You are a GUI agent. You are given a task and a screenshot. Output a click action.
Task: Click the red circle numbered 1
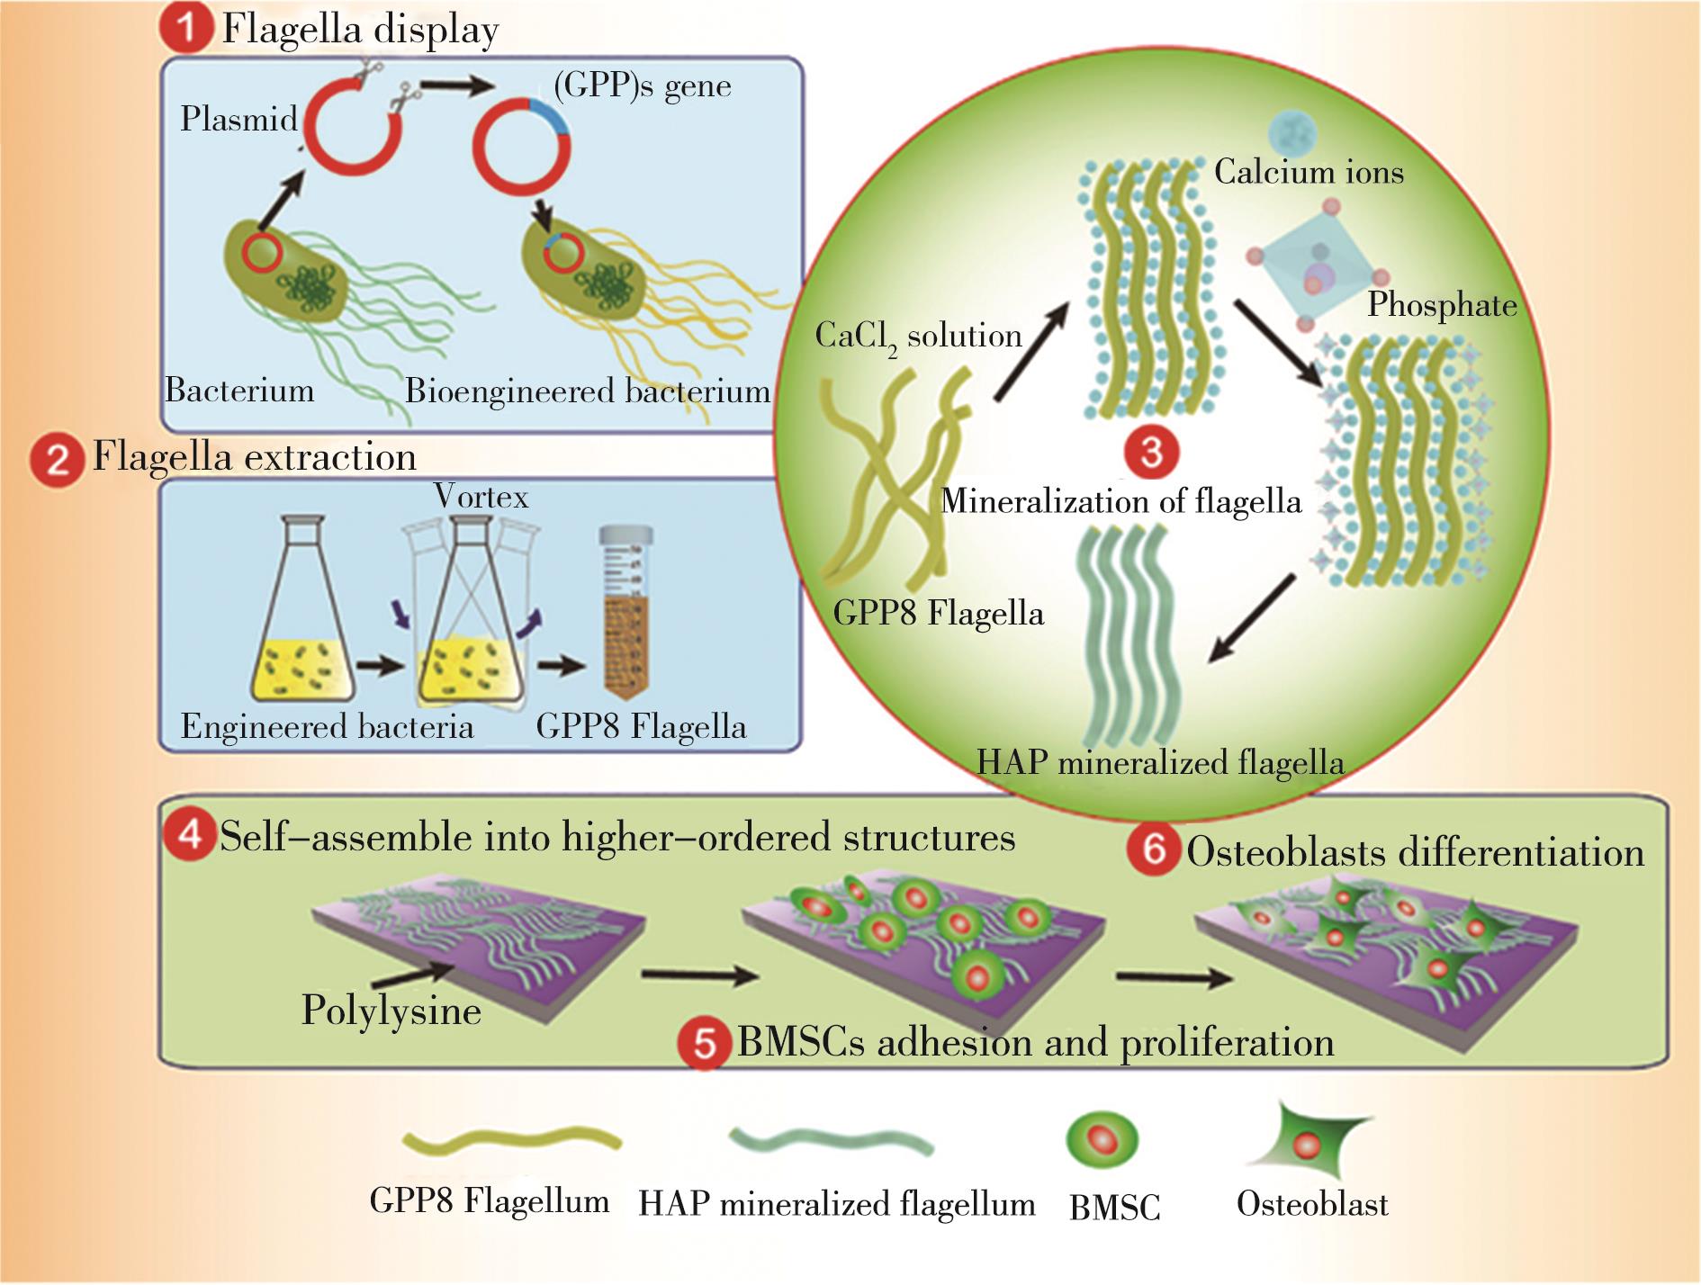pyautogui.click(x=186, y=28)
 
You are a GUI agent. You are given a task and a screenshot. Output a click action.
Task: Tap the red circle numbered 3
pyautogui.click(x=1151, y=450)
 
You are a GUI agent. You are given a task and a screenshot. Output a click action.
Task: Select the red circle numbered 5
pyautogui.click(x=705, y=1043)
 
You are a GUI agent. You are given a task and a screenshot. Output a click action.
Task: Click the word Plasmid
pyautogui.click(x=238, y=119)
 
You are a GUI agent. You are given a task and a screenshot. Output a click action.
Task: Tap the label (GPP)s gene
pyautogui.click(x=642, y=85)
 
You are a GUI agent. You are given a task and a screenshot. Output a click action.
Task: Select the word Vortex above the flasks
pyautogui.click(x=481, y=496)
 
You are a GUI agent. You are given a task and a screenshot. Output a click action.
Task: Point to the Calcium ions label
pyautogui.click(x=1309, y=172)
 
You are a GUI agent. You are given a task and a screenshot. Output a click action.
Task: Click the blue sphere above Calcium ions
pyautogui.click(x=1291, y=133)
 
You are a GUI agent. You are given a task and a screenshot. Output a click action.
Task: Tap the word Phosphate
pyautogui.click(x=1442, y=305)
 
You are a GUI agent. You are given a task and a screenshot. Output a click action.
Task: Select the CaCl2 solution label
pyautogui.click(x=918, y=337)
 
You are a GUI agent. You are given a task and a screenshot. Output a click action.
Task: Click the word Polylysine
pyautogui.click(x=391, y=1011)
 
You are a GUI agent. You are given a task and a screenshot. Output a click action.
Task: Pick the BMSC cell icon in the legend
pyautogui.click(x=1102, y=1140)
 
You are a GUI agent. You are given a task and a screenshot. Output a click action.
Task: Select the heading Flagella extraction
pyautogui.click(x=255, y=457)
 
